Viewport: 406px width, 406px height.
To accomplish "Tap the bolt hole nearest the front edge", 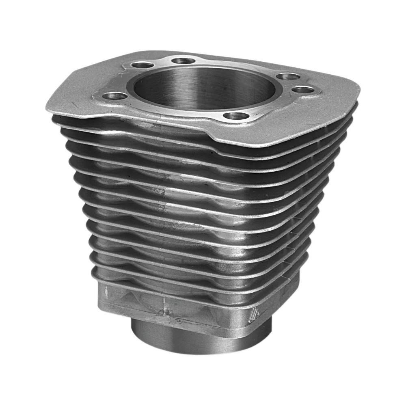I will pyautogui.click(x=236, y=116).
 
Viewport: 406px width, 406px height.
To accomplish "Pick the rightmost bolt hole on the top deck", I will pyautogui.click(x=304, y=90).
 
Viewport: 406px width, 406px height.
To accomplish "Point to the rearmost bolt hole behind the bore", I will pyautogui.click(x=183, y=61).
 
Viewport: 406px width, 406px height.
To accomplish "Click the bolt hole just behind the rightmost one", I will pyautogui.click(x=288, y=76).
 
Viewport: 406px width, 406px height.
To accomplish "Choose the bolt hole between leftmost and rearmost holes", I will pyautogui.click(x=143, y=65).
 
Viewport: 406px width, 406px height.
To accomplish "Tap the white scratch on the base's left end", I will pyautogui.click(x=106, y=292).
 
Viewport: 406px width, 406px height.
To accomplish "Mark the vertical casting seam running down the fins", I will pyautogui.click(x=162, y=195).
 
